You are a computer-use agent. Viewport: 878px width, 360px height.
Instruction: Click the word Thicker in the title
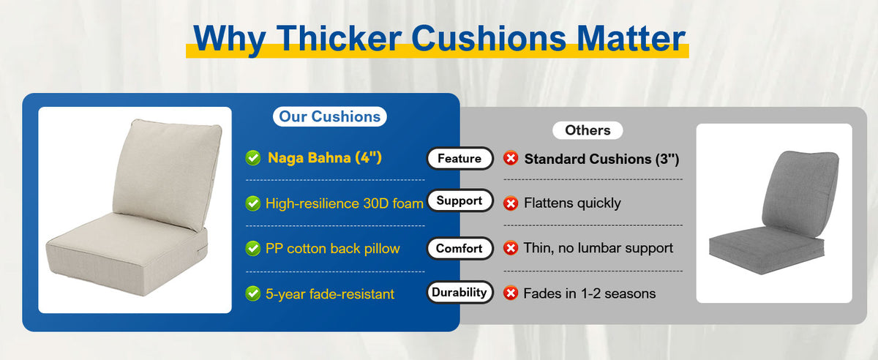[339, 39]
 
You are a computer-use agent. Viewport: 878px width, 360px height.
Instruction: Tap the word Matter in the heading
[631, 39]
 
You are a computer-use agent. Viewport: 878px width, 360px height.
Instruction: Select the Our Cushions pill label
[330, 116]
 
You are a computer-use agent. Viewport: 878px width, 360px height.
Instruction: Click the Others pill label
[588, 130]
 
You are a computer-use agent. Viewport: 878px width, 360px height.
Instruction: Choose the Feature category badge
[459, 159]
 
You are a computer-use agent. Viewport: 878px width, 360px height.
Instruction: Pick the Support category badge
[459, 200]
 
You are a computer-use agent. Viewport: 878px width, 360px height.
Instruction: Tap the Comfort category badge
[459, 248]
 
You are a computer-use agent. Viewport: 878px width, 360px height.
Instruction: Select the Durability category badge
[459, 292]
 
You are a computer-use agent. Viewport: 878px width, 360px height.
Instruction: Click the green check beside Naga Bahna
[253, 158]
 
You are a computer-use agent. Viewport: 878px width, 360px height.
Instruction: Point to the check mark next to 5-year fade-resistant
[253, 293]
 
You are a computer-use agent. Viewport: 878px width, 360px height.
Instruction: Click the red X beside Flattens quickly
[511, 203]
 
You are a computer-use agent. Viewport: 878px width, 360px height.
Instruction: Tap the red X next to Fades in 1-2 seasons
[511, 293]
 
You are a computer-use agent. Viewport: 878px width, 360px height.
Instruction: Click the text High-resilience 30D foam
[344, 203]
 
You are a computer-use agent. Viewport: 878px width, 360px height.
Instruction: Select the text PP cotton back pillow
[332, 249]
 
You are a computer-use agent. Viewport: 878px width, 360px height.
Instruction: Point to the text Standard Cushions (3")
[601, 159]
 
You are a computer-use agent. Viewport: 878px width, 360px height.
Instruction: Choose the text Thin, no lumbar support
[599, 248]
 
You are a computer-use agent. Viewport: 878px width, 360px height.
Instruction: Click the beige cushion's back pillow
[167, 173]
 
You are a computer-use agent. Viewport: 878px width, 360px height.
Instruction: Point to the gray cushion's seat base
[766, 251]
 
